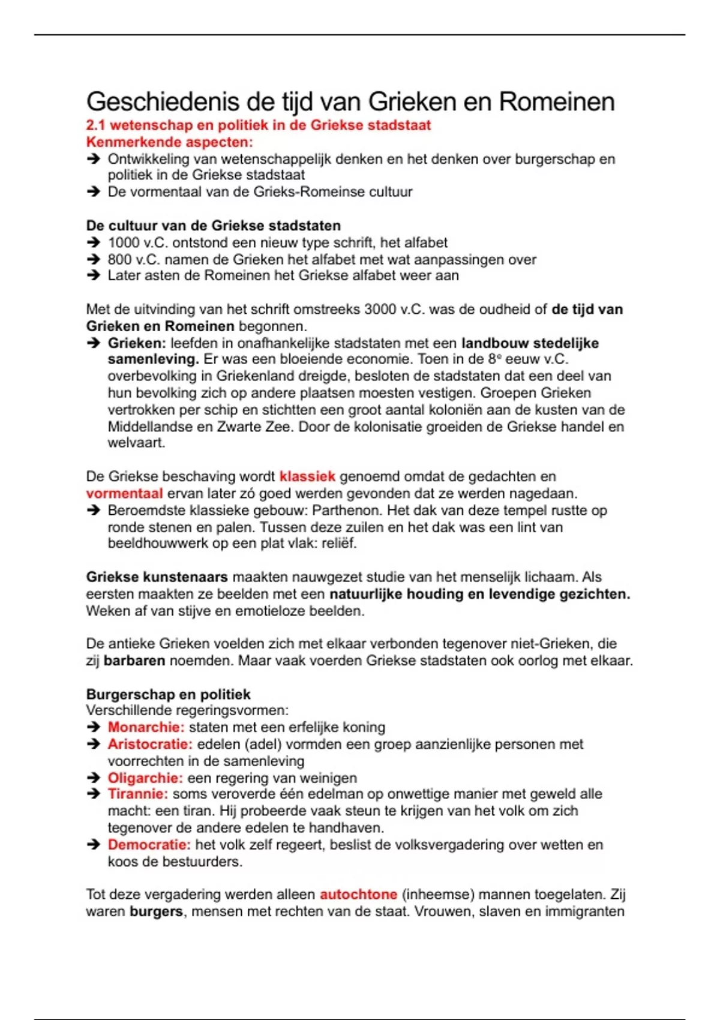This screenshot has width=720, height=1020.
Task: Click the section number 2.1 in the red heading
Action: point(95,125)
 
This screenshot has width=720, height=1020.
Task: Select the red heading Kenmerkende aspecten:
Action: point(169,142)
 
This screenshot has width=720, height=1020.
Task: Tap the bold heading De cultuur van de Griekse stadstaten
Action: point(213,226)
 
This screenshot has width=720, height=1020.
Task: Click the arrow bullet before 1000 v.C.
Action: point(93,243)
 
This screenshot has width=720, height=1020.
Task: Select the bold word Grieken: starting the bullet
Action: point(136,343)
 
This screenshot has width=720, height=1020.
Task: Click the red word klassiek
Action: point(307,476)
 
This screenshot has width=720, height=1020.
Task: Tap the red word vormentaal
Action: point(124,493)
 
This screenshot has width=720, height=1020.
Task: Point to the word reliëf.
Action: point(338,544)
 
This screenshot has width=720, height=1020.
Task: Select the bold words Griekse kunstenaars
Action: point(157,577)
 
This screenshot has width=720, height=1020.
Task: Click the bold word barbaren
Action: point(134,661)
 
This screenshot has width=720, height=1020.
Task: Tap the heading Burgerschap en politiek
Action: point(168,694)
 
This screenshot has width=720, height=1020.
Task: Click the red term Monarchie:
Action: point(146,727)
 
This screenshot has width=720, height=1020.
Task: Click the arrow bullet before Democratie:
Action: point(93,845)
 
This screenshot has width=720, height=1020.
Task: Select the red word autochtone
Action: point(358,895)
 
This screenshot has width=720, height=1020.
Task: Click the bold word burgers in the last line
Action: point(156,911)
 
